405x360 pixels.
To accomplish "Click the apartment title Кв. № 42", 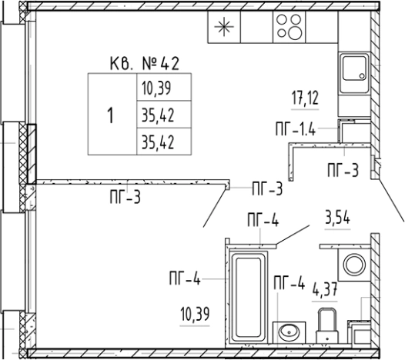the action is click(145, 64).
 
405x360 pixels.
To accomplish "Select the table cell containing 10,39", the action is click(164, 87).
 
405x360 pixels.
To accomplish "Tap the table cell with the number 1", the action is click(112, 114).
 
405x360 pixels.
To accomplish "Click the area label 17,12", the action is click(305, 98).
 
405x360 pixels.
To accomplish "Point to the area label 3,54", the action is click(337, 218).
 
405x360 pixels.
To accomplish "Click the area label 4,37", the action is click(325, 289).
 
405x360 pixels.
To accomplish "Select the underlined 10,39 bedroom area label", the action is click(195, 315).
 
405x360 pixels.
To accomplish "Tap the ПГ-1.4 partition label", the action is click(296, 129).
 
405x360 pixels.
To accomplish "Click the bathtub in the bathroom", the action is click(248, 297).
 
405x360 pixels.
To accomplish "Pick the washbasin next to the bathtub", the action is click(289, 332).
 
